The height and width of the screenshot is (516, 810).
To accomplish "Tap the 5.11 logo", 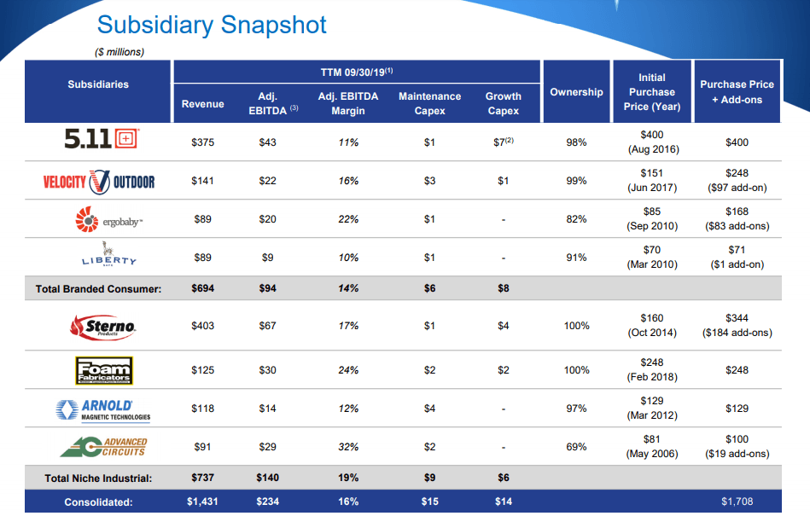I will point(98,139).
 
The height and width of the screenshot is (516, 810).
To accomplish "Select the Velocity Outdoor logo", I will point(98,181).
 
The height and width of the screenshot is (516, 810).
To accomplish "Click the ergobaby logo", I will point(98,220).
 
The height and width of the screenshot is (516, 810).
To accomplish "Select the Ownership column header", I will point(576,92).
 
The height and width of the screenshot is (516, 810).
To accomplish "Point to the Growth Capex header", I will point(503,103).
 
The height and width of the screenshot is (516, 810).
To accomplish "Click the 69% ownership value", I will point(576,447).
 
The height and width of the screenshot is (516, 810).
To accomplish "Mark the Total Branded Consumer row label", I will point(98,289).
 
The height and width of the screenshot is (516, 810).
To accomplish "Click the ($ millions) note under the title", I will point(119,52).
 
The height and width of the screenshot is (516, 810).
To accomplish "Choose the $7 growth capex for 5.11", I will point(503,142).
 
